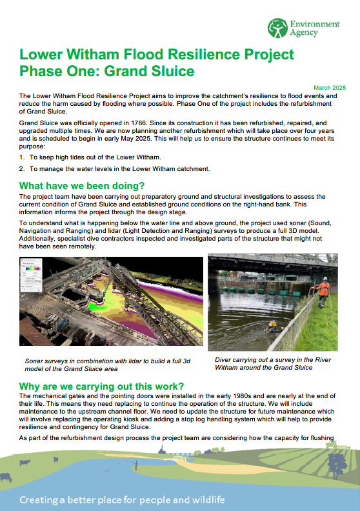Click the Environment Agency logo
click(304, 28)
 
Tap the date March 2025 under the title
click(330, 87)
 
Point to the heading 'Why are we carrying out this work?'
click(102, 386)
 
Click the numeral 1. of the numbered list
click(23, 157)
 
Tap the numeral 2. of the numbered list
click(23, 168)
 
